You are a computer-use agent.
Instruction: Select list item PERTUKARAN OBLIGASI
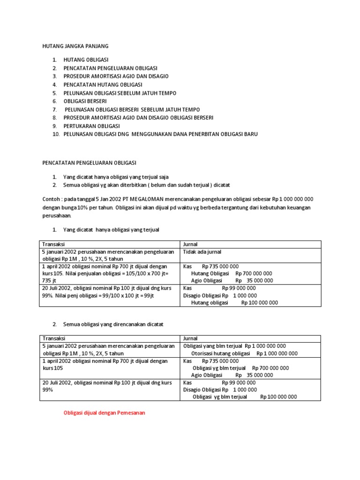(x=92, y=126)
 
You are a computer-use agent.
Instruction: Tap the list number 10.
(x=56, y=134)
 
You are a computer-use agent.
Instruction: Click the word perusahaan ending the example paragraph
(x=57, y=216)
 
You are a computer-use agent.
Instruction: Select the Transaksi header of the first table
(x=54, y=244)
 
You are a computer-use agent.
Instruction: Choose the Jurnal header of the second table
(x=190, y=338)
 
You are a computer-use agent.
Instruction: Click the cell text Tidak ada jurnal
(x=202, y=252)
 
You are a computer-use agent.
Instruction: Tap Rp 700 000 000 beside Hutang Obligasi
(x=254, y=273)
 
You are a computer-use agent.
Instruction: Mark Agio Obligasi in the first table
(x=207, y=280)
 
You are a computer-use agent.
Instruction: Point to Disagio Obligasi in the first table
(x=202, y=295)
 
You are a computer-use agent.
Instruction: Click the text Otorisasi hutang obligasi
(x=220, y=353)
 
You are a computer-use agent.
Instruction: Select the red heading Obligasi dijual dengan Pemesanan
(x=104, y=413)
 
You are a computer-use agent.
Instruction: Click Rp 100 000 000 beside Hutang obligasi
(x=259, y=303)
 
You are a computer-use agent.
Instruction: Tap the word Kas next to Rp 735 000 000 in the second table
(x=187, y=361)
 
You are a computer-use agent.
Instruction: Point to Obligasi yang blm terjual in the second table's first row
(x=213, y=346)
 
